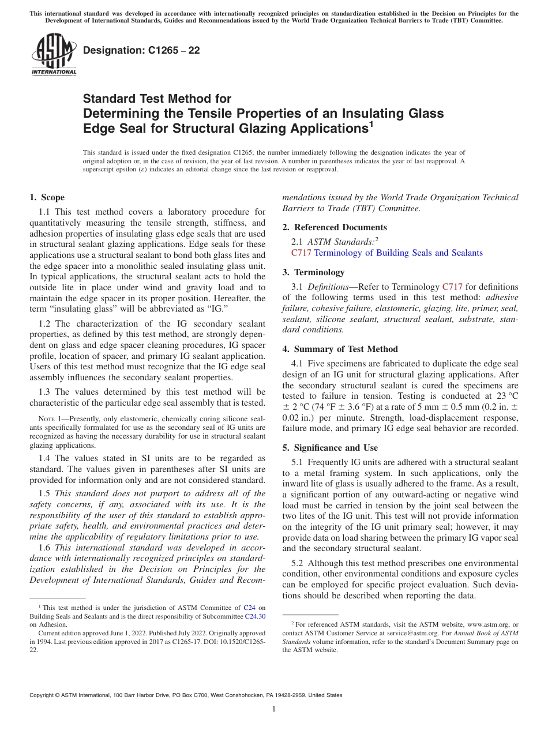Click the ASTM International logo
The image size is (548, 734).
tap(53, 54)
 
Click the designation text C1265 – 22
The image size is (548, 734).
tap(141, 50)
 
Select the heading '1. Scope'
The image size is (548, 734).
tap(47, 197)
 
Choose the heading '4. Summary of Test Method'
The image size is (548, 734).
tap(340, 349)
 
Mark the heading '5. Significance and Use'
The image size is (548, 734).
tap(330, 448)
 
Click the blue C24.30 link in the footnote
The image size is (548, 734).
tap(255, 616)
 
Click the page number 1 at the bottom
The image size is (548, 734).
tap(274, 709)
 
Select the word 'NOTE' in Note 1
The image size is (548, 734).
tap(46, 418)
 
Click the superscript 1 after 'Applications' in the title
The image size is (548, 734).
tap(371, 123)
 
